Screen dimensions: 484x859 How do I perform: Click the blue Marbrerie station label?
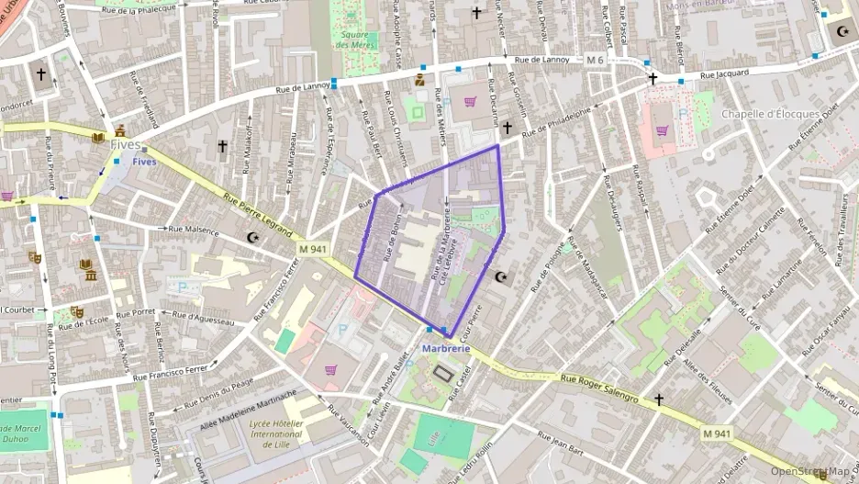pos(446,349)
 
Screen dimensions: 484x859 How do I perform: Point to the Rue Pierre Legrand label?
pos(258,215)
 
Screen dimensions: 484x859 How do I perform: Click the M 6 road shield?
pos(596,60)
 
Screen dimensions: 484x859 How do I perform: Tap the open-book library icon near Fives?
pos(98,138)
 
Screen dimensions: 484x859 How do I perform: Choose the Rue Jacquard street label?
pos(724,73)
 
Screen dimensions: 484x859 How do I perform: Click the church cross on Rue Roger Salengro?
pos(658,400)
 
